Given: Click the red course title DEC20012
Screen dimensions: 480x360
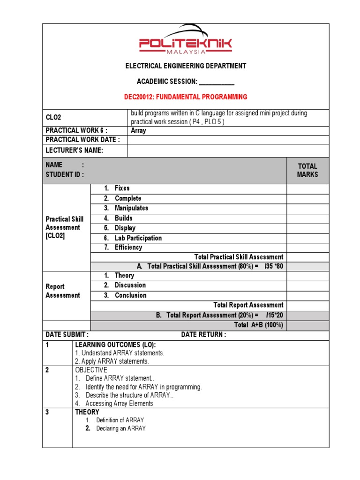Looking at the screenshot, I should click(x=185, y=97).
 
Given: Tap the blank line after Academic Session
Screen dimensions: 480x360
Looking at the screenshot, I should click(x=217, y=82).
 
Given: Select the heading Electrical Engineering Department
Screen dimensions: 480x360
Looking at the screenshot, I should click(x=185, y=66).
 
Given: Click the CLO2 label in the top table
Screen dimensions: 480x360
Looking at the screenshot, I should click(x=53, y=118).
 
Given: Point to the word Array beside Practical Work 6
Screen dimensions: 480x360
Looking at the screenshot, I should click(x=138, y=131).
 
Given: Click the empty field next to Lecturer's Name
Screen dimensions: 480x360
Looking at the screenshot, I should click(x=228, y=150).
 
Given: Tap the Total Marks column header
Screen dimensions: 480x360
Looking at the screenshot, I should click(x=307, y=170).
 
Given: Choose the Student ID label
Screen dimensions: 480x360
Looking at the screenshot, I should click(x=65, y=175).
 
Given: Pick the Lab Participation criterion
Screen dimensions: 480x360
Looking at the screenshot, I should click(x=138, y=238).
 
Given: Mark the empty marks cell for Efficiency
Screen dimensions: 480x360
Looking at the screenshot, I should click(x=307, y=247).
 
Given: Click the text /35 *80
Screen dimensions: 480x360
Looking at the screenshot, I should click(x=274, y=266).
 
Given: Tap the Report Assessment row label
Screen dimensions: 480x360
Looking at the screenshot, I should click(x=63, y=291).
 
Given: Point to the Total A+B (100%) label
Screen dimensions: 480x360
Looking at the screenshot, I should click(x=258, y=325).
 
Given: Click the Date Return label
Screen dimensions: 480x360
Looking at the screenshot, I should click(x=203, y=335).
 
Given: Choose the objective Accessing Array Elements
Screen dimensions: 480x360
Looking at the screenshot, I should click(x=119, y=404).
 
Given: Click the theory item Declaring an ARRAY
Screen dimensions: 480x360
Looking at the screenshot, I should click(x=121, y=428).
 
